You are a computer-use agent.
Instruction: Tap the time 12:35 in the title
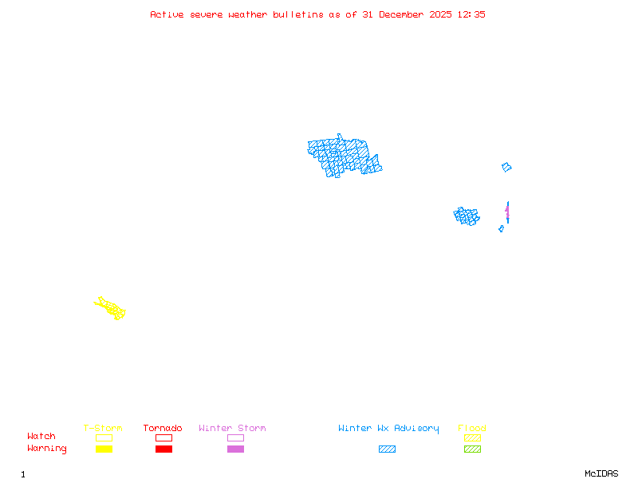(472, 14)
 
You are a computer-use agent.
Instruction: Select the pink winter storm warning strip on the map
(506, 212)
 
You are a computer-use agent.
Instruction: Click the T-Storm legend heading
(103, 429)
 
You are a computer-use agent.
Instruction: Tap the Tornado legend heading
(163, 429)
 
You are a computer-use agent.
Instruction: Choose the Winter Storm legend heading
(232, 429)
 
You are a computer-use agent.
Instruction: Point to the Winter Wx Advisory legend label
(388, 429)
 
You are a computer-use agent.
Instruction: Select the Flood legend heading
(472, 429)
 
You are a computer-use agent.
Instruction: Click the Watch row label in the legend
(41, 437)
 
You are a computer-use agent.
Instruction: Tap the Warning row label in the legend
(47, 449)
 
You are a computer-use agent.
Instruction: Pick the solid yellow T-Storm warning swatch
(104, 449)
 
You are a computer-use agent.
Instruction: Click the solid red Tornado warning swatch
(163, 449)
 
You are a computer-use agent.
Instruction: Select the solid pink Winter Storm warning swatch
(235, 449)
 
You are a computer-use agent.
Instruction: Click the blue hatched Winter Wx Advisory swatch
(387, 449)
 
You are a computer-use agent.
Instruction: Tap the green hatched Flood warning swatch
(472, 449)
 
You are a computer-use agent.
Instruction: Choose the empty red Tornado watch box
(163, 437)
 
